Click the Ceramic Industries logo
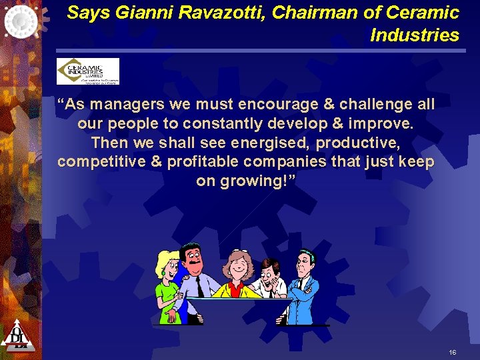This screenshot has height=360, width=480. coord(87,71)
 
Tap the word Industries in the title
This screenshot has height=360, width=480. coord(415,35)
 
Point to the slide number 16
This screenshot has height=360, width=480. coord(453,351)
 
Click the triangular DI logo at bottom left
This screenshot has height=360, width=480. coord(18,335)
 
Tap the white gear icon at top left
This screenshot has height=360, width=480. coord(21,21)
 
